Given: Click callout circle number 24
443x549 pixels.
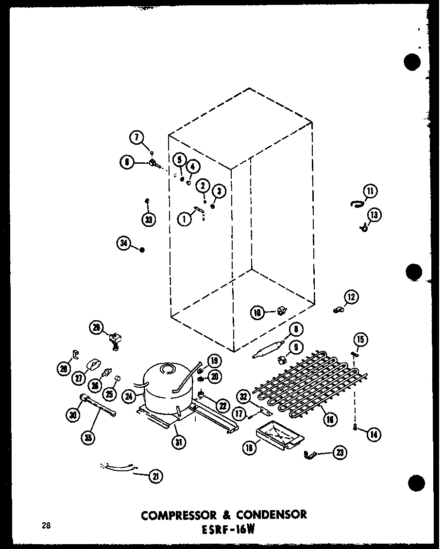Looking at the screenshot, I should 129,396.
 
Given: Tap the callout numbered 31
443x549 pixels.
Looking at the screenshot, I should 180,443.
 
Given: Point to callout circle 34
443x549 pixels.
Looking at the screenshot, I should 123,243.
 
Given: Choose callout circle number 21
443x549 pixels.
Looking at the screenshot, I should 155,477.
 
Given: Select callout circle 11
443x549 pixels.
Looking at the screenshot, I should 371,191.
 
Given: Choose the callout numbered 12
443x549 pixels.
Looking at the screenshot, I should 351,296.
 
